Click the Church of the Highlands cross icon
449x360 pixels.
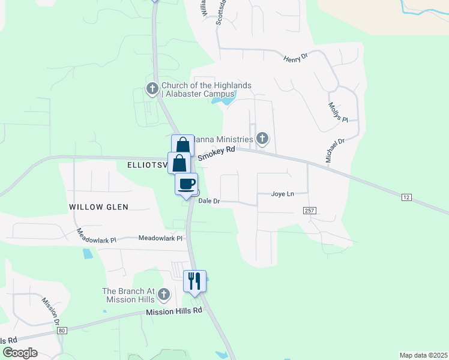(152, 89)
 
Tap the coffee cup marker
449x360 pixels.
(187, 184)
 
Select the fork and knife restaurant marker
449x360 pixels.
(194, 281)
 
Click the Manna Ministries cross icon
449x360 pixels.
(262, 139)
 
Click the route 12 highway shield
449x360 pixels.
(407, 197)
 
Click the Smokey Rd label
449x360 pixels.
(216, 154)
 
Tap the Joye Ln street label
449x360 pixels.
(282, 194)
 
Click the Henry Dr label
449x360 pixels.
(295, 58)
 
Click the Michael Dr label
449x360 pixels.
(335, 150)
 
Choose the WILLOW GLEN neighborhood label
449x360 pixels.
(99, 206)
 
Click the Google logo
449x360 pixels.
(20, 353)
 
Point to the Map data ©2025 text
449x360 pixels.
(423, 355)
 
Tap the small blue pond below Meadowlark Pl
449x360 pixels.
(88, 254)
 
